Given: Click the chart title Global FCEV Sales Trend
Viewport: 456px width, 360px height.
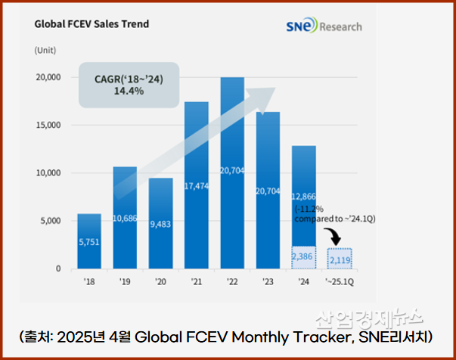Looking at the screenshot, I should click(x=92, y=23).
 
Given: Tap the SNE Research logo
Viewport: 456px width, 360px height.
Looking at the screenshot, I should click(x=324, y=26).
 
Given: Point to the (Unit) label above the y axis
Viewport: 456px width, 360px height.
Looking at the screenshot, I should click(x=45, y=50).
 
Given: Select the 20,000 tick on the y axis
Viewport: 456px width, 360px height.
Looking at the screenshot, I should click(x=48, y=77).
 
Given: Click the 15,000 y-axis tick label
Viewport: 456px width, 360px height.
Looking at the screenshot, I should click(x=48, y=125).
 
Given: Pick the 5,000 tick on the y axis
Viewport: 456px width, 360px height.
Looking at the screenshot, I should click(x=50, y=221).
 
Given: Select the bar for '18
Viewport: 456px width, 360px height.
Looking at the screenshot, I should click(x=89, y=241).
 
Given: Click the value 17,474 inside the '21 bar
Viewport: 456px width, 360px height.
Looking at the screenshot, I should click(x=196, y=183).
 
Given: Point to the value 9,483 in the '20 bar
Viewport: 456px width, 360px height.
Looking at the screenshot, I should click(x=160, y=224).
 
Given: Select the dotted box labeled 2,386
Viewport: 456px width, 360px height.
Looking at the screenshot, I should click(x=303, y=258).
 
